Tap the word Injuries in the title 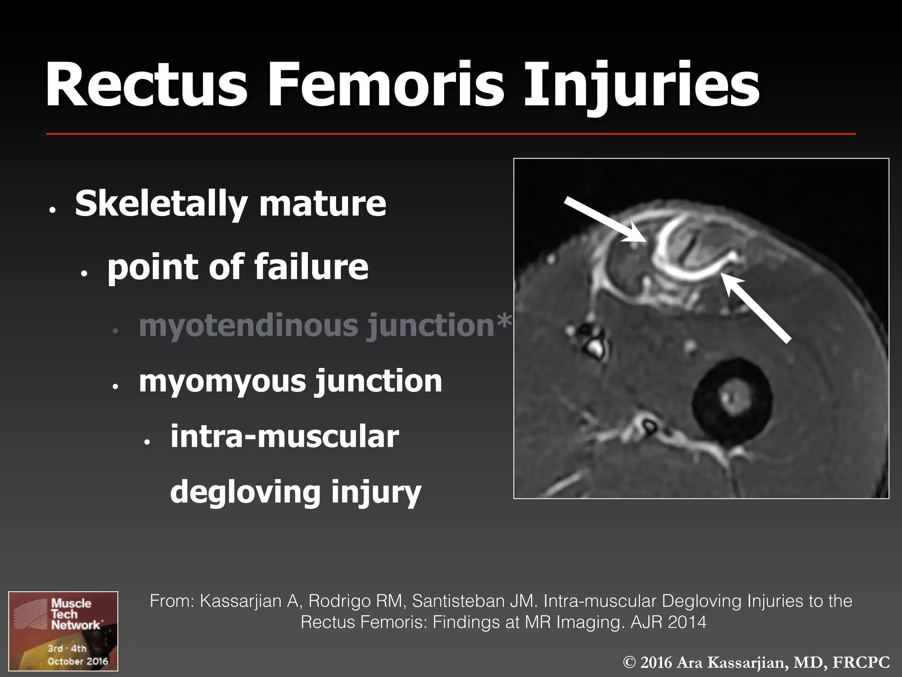click(641, 86)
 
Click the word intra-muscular click(285, 437)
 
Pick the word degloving click(245, 493)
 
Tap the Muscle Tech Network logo click(63, 630)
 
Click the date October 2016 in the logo click(78, 661)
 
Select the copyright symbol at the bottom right click(630, 662)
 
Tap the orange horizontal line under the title click(451, 133)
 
